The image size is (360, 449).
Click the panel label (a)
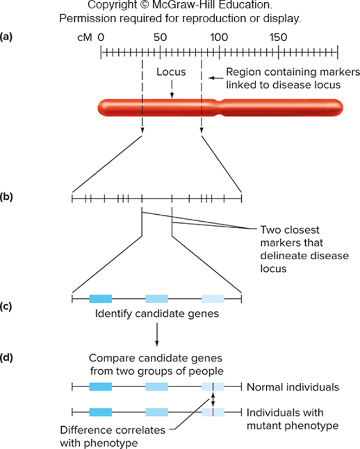[7, 38]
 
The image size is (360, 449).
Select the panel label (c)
[7, 306]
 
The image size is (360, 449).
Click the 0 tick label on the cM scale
[101, 38]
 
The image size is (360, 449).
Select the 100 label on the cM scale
[218, 38]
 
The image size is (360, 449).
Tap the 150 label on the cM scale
[278, 38]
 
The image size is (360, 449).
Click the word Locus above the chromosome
[171, 72]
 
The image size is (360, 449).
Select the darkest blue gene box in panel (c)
[100, 298]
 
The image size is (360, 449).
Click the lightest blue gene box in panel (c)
[213, 298]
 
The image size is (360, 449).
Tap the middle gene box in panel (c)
[157, 298]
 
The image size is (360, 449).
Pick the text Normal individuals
[293, 387]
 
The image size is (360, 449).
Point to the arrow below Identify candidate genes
[156, 336]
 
